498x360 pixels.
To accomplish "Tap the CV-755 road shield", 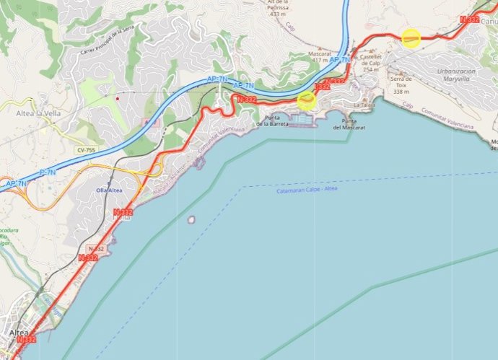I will [x=85, y=150].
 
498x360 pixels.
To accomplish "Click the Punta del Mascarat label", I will [x=349, y=123].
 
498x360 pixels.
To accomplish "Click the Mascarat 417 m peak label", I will [x=320, y=56].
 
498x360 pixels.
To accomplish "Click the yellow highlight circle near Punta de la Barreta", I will [x=307, y=100].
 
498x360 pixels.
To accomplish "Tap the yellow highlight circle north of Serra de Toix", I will [x=411, y=38].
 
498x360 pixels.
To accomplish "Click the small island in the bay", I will [x=191, y=219].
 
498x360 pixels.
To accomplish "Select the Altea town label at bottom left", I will [x=19, y=333].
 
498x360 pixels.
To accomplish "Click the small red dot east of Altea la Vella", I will [x=117, y=96].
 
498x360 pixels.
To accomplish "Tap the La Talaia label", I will [x=364, y=105].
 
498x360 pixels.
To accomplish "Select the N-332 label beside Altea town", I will [x=25, y=339].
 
